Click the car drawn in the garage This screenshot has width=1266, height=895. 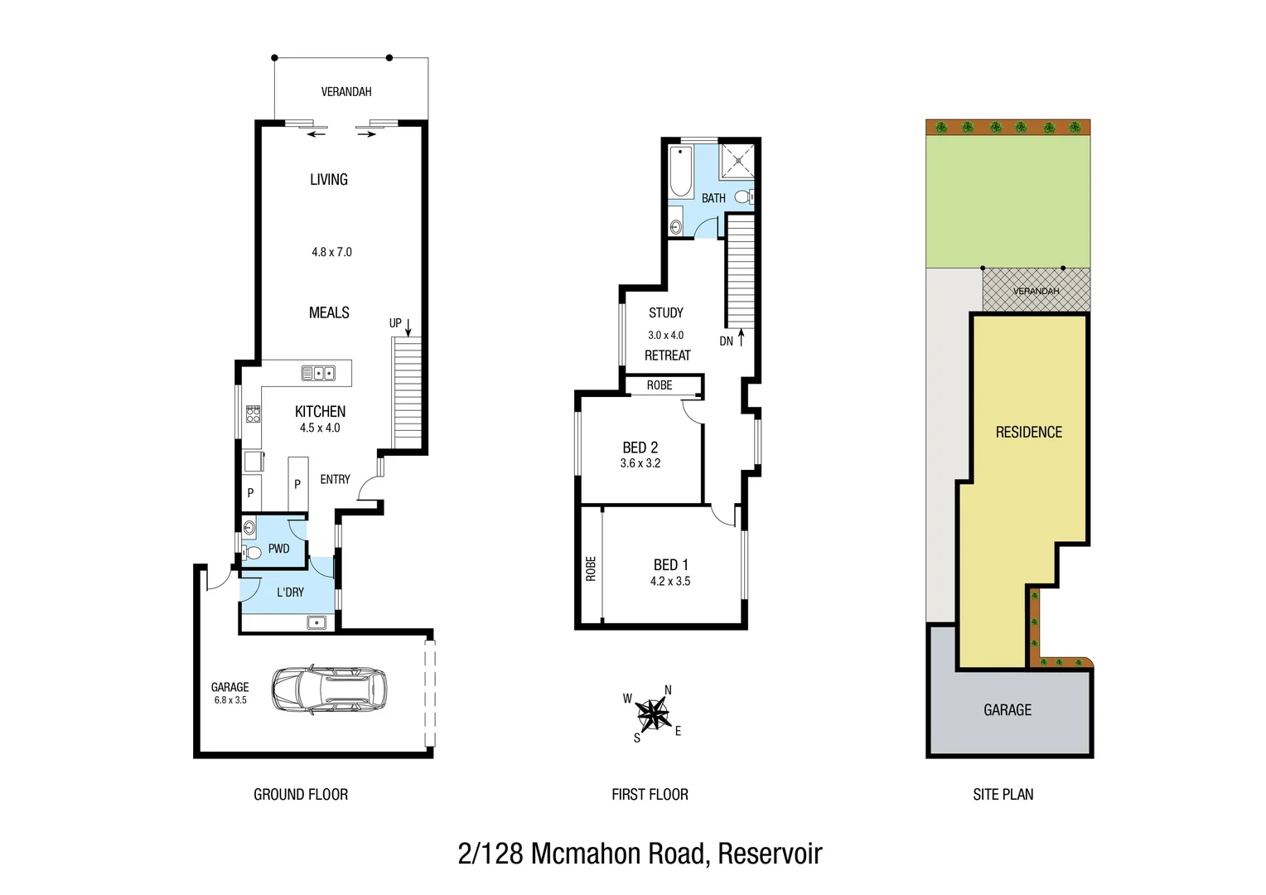(329, 689)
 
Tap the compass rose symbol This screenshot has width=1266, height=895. (654, 713)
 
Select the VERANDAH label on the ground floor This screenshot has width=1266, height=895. (346, 92)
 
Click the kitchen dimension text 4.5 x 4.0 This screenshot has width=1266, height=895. (320, 428)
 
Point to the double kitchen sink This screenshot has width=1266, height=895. (318, 373)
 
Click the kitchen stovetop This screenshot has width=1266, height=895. (253, 414)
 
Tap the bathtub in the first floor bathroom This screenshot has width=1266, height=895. (680, 172)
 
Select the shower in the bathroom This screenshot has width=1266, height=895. (737, 161)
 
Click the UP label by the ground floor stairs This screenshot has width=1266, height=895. (395, 323)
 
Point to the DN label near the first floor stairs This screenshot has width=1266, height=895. (726, 341)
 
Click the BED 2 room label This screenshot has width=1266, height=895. (640, 447)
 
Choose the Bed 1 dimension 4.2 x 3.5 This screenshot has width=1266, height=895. (670, 582)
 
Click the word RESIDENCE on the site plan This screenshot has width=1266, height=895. (1028, 433)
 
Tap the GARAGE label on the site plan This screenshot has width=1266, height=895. (1007, 710)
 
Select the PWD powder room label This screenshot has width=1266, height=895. (278, 549)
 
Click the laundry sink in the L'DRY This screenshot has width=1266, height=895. (316, 622)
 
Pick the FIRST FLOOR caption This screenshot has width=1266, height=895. (650, 795)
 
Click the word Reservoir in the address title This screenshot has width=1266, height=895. (770, 854)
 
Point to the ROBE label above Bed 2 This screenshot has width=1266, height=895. (660, 385)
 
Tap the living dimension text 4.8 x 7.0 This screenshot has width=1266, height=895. (331, 252)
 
